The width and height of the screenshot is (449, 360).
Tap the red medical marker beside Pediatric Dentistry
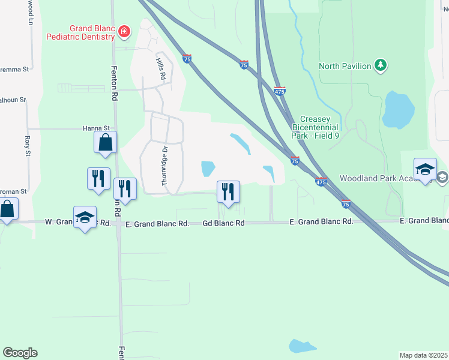pyautogui.click(x=124, y=32)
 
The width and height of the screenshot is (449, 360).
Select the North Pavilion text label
pyautogui.click(x=345, y=66)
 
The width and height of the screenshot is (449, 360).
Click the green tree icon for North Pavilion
pyautogui.click(x=380, y=65)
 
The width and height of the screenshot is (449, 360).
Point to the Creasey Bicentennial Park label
pyautogui.click(x=316, y=127)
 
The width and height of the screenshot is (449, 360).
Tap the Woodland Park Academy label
pyautogui.click(x=375, y=178)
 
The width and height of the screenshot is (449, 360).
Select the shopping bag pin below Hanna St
pyautogui.click(x=105, y=143)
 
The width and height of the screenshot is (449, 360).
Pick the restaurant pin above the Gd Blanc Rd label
pyautogui.click(x=228, y=192)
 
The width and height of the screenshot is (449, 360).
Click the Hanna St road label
pyautogui.click(x=96, y=128)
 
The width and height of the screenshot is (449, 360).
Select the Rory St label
pyautogui.click(x=27, y=146)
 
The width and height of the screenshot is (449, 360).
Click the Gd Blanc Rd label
pyautogui.click(x=223, y=223)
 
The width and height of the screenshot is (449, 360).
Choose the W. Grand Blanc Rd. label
pyautogui.click(x=78, y=223)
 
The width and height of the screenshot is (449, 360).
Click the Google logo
pyautogui.click(x=20, y=353)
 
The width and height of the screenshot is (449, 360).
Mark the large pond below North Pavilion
pyautogui.click(x=398, y=110)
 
